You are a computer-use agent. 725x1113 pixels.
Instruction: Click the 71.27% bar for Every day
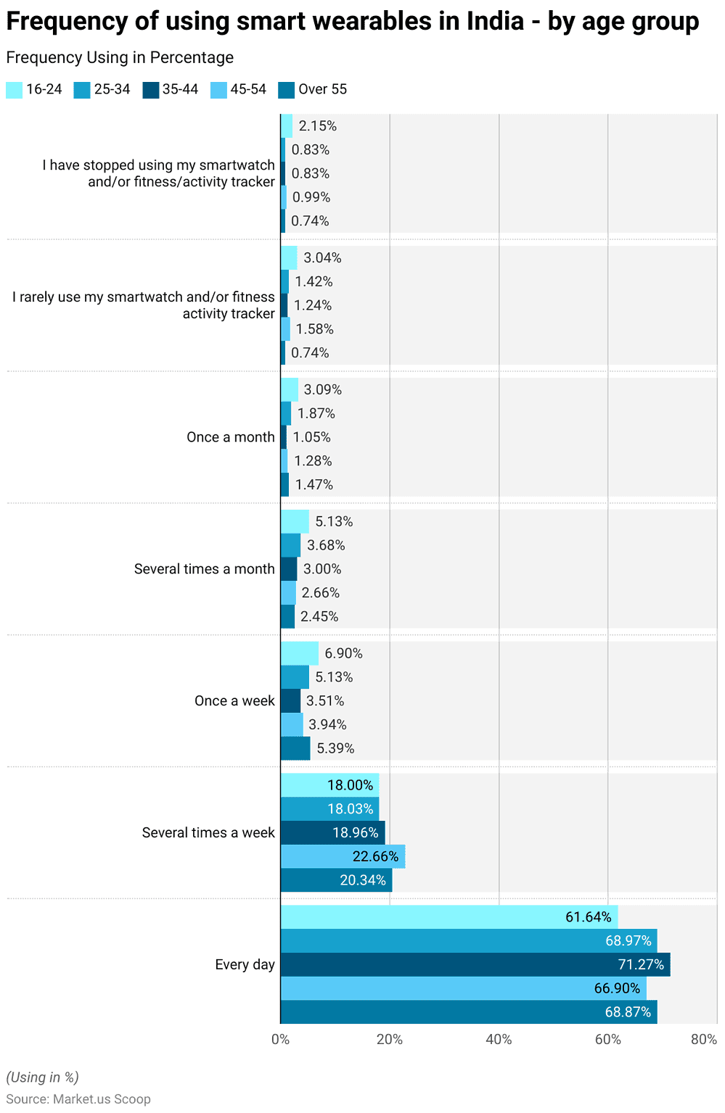(x=475, y=964)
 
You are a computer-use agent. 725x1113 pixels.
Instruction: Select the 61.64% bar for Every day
(x=449, y=917)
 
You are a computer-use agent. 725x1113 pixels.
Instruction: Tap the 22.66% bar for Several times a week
(x=343, y=856)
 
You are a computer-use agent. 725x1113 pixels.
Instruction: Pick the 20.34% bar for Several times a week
(x=336, y=880)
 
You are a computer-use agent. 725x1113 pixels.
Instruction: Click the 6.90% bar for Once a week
(x=300, y=653)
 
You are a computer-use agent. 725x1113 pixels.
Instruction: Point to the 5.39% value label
(x=335, y=748)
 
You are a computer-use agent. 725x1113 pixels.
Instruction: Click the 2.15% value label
(x=318, y=125)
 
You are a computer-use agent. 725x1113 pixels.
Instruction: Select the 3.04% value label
(x=322, y=257)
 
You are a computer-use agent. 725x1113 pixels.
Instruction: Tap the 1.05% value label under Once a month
(x=311, y=437)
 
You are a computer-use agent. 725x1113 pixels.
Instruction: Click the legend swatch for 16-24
(x=14, y=90)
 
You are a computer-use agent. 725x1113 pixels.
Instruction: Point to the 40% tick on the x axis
(x=499, y=1039)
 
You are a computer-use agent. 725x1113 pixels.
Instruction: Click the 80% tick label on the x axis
(x=703, y=1039)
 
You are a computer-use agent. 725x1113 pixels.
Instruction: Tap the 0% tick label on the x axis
(x=281, y=1039)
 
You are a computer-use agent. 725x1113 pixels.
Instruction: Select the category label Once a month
(x=231, y=437)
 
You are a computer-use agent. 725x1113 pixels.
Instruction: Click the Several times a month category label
(x=204, y=569)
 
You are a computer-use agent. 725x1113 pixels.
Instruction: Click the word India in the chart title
(x=495, y=22)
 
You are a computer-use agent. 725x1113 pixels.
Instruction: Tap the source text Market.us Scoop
(x=102, y=1098)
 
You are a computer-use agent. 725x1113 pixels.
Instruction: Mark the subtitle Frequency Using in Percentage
(x=120, y=57)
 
